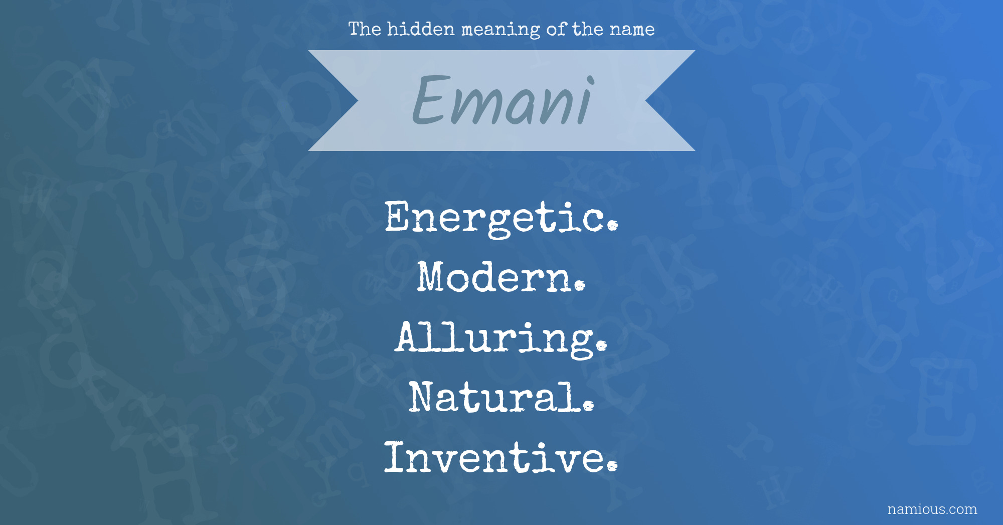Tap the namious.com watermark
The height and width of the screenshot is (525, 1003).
coord(932,509)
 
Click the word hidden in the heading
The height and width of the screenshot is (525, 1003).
coord(421,29)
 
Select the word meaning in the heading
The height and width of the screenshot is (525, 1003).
coord(500,31)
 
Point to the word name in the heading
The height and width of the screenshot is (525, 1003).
coord(632,30)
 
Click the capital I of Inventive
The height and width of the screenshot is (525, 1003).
coord(395,457)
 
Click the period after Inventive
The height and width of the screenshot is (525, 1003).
coord(612,466)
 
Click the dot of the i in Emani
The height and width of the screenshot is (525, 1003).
coord(591,80)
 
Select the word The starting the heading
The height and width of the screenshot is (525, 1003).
coord(365,29)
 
